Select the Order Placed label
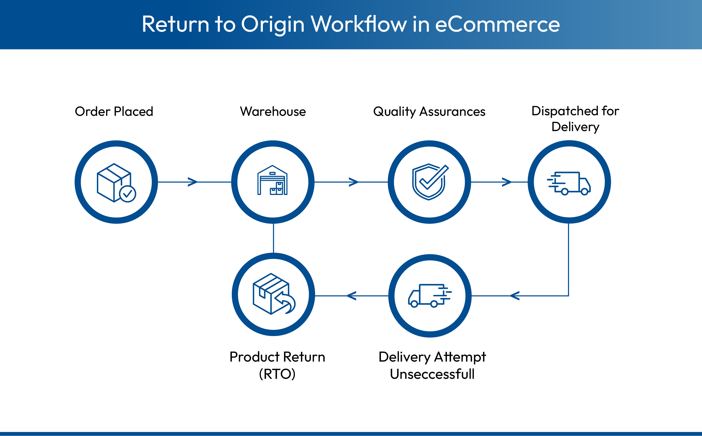tap(114, 112)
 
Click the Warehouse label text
tap(273, 112)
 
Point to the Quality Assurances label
tap(429, 112)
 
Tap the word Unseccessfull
tap(432, 374)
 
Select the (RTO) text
tap(277, 374)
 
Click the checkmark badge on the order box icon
tap(127, 194)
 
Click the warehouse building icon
tap(272, 181)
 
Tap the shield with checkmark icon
tap(429, 182)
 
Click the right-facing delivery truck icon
tap(569, 183)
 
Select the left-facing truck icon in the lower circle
tap(429, 296)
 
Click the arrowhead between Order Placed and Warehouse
tap(193, 182)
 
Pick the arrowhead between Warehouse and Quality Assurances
tap(354, 182)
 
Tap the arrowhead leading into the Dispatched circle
tap(507, 182)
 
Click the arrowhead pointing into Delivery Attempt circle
tap(514, 296)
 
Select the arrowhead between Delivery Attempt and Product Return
tap(351, 296)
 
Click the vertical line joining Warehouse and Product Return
tap(273, 238)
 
